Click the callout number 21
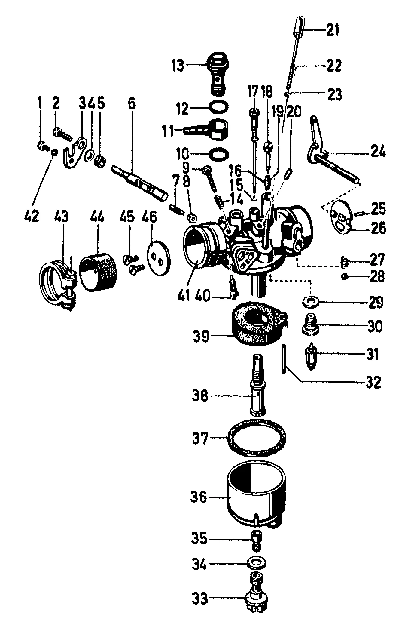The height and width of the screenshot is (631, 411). (x=332, y=31)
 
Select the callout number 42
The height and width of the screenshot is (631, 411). (x=32, y=216)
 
